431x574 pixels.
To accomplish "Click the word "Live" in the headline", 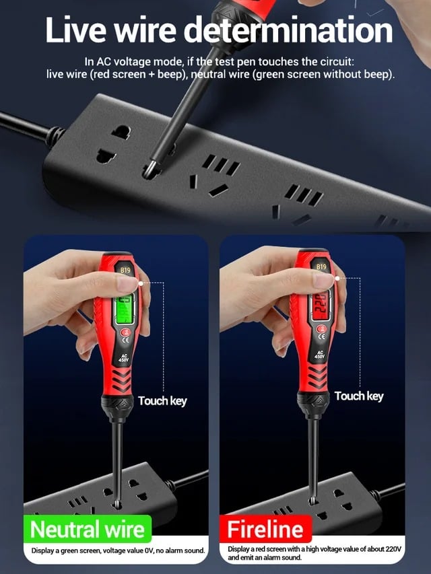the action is pyautogui.click(x=75, y=30).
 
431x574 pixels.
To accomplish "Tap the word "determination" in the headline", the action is pyautogui.click(x=288, y=30).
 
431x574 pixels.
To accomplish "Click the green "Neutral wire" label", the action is pyautogui.click(x=88, y=530).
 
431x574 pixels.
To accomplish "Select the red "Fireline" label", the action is pyautogui.click(x=265, y=530).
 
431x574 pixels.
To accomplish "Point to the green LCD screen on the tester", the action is pyautogui.click(x=125, y=310).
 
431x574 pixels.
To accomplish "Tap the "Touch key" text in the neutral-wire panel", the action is pyautogui.click(x=162, y=401).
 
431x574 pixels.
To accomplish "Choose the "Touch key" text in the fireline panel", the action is pyautogui.click(x=359, y=396).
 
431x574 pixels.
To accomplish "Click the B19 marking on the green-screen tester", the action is pyautogui.click(x=125, y=270).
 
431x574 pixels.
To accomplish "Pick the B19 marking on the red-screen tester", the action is pyautogui.click(x=321, y=267).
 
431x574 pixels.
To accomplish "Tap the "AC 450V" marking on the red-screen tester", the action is pyautogui.click(x=320, y=355).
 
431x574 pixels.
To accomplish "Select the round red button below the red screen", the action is pyautogui.click(x=321, y=329).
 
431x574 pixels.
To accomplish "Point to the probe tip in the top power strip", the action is pyautogui.click(x=150, y=171).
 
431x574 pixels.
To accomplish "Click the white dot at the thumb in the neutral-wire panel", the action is pyautogui.click(x=141, y=283).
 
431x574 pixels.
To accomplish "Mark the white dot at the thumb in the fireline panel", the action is pyautogui.click(x=337, y=279).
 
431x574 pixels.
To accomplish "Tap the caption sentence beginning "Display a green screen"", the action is pyautogui.click(x=118, y=550).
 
